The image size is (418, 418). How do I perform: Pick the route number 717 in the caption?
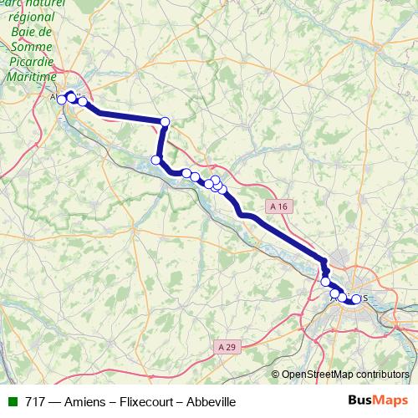[x=35, y=402]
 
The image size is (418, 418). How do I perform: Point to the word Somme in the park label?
[x=33, y=47]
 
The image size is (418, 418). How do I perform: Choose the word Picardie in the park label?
[x=32, y=61]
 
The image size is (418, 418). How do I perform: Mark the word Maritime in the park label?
[x=32, y=75]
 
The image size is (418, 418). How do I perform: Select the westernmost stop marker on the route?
[x=61, y=100]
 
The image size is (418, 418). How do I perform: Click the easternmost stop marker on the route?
[x=356, y=299]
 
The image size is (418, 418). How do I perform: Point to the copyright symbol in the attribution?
[x=275, y=375]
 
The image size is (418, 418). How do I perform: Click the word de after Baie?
[x=47, y=33]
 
